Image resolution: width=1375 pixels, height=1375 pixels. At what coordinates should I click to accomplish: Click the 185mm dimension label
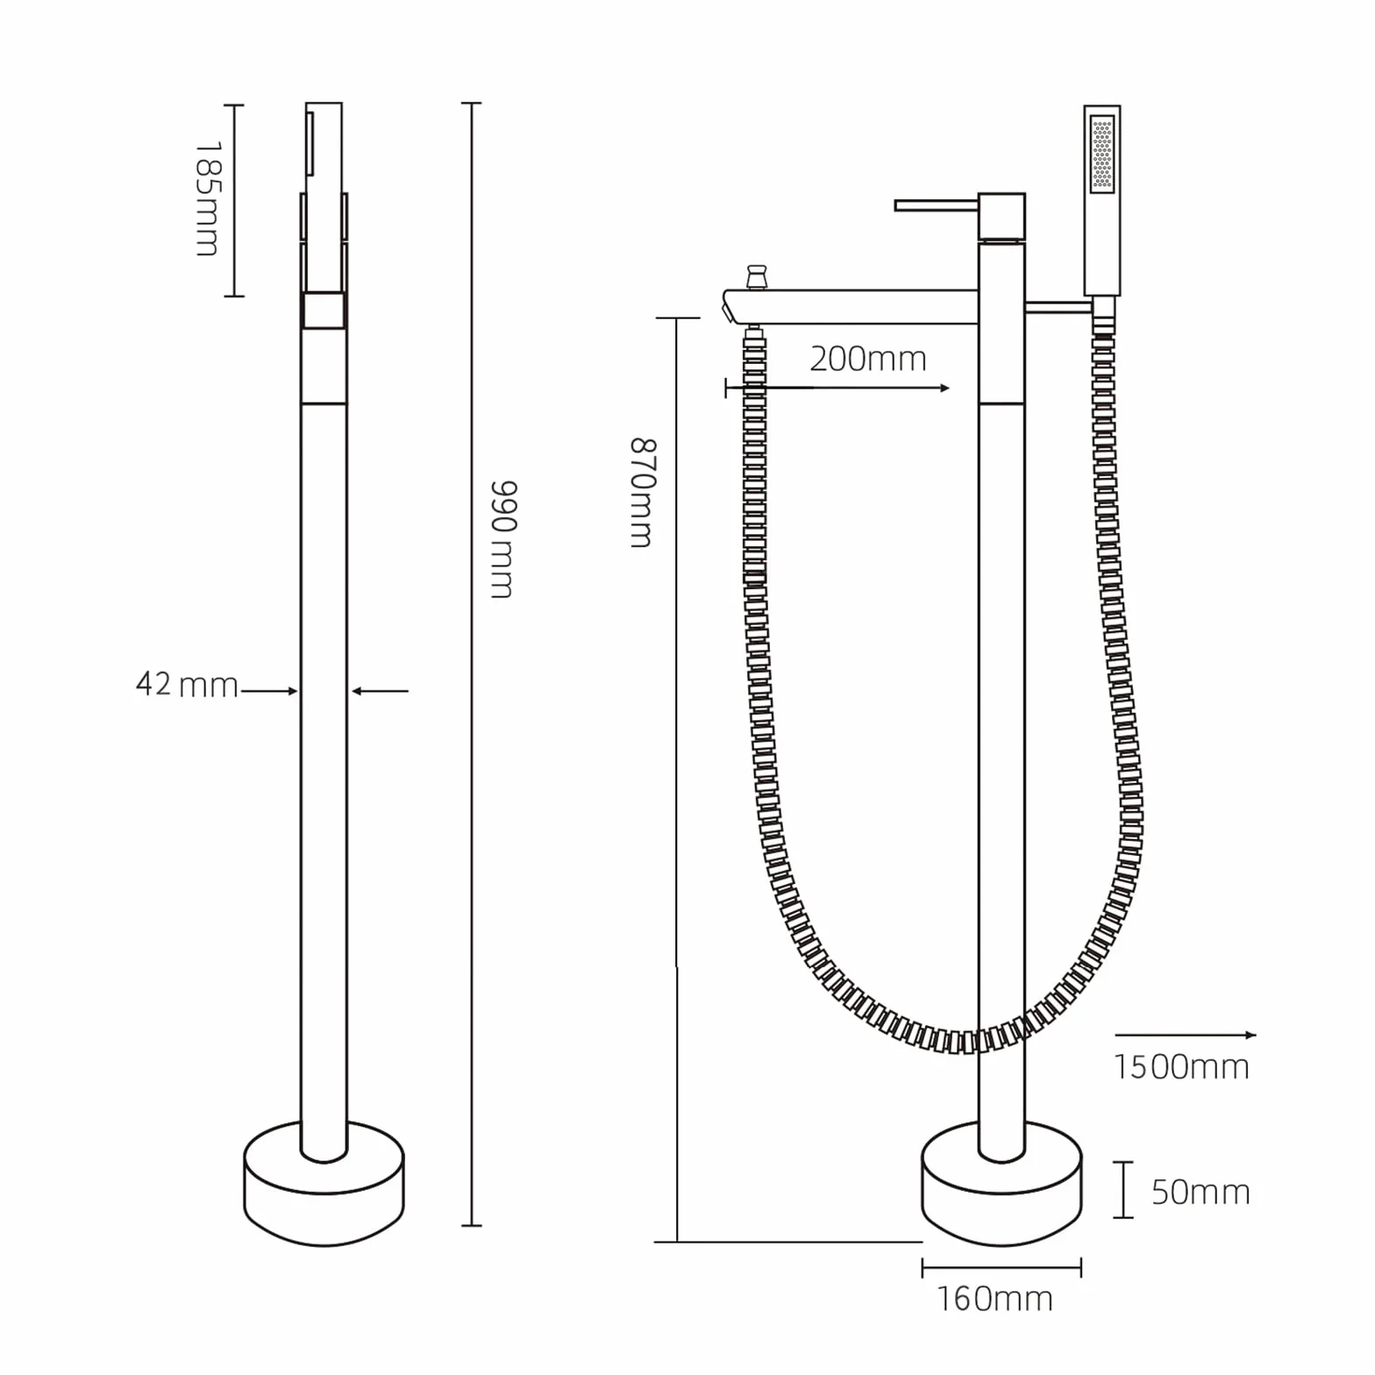207,199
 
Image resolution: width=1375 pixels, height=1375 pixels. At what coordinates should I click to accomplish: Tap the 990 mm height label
502,539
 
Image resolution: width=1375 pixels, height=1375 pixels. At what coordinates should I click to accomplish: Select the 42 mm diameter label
187,684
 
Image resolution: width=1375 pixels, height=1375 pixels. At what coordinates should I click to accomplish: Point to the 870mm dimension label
642,493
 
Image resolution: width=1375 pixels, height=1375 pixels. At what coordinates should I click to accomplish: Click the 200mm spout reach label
867,359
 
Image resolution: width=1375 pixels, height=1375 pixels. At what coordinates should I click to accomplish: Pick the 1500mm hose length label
1181,1067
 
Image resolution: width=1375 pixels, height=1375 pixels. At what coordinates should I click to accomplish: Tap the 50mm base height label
1200,1192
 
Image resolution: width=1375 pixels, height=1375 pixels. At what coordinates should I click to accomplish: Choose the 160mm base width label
994,1299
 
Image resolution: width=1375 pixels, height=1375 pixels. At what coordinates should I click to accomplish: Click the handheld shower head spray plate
1102,154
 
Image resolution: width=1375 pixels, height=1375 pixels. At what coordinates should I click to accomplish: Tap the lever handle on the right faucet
935,206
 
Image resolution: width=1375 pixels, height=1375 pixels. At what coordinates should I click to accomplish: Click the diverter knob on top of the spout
755,276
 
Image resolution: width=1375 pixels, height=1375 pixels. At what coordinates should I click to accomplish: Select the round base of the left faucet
324,1184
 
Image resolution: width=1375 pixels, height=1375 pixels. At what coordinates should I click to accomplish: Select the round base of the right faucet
1001,1184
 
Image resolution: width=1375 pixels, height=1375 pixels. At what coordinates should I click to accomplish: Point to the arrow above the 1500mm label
1186,1035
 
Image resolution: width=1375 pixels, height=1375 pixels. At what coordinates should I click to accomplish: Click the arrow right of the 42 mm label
380,691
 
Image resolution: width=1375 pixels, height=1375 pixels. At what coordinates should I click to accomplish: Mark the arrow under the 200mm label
837,388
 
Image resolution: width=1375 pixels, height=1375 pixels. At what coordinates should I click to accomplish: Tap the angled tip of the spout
728,308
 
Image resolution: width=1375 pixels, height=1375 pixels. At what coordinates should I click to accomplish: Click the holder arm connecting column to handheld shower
1059,305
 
